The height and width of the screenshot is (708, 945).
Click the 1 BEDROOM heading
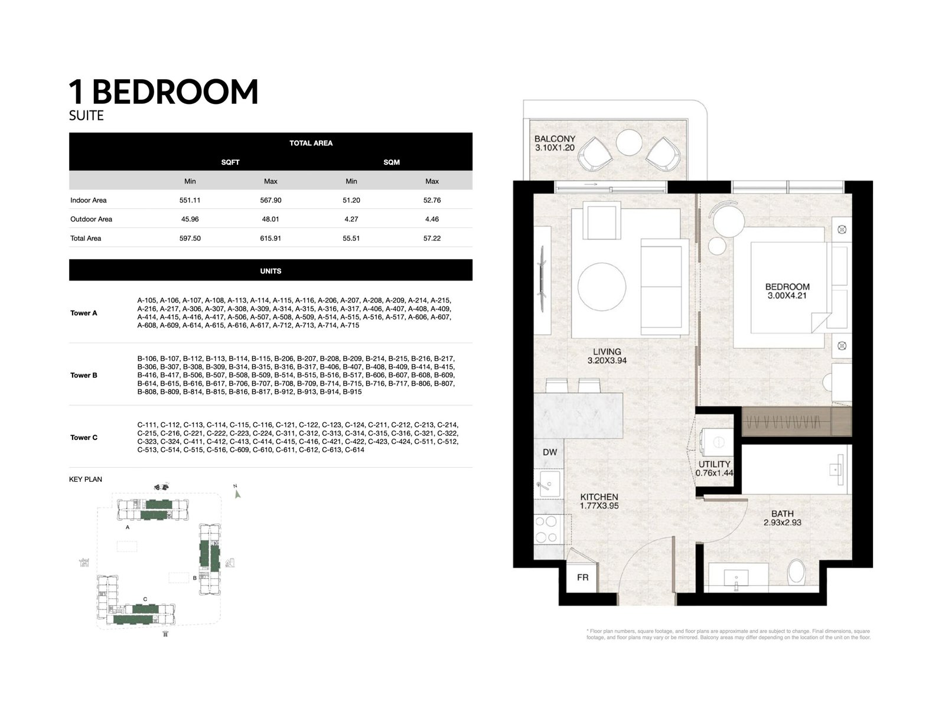point(164,92)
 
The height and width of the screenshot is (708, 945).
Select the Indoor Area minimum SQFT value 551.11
point(190,200)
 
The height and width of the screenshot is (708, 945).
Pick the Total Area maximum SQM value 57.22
point(432,239)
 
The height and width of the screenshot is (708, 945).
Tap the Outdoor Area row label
point(91,219)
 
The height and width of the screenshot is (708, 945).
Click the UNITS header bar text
point(271,271)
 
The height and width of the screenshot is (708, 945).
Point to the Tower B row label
point(84,376)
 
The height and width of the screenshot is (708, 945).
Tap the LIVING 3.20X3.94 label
point(607,356)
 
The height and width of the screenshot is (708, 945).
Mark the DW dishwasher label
point(549,452)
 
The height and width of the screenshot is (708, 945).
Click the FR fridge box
point(582,577)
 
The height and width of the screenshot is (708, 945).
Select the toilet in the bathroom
point(797,572)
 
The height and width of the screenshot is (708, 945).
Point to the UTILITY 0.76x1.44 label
point(714,468)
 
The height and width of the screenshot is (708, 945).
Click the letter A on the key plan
point(128,527)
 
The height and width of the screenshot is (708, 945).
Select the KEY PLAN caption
point(86,479)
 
